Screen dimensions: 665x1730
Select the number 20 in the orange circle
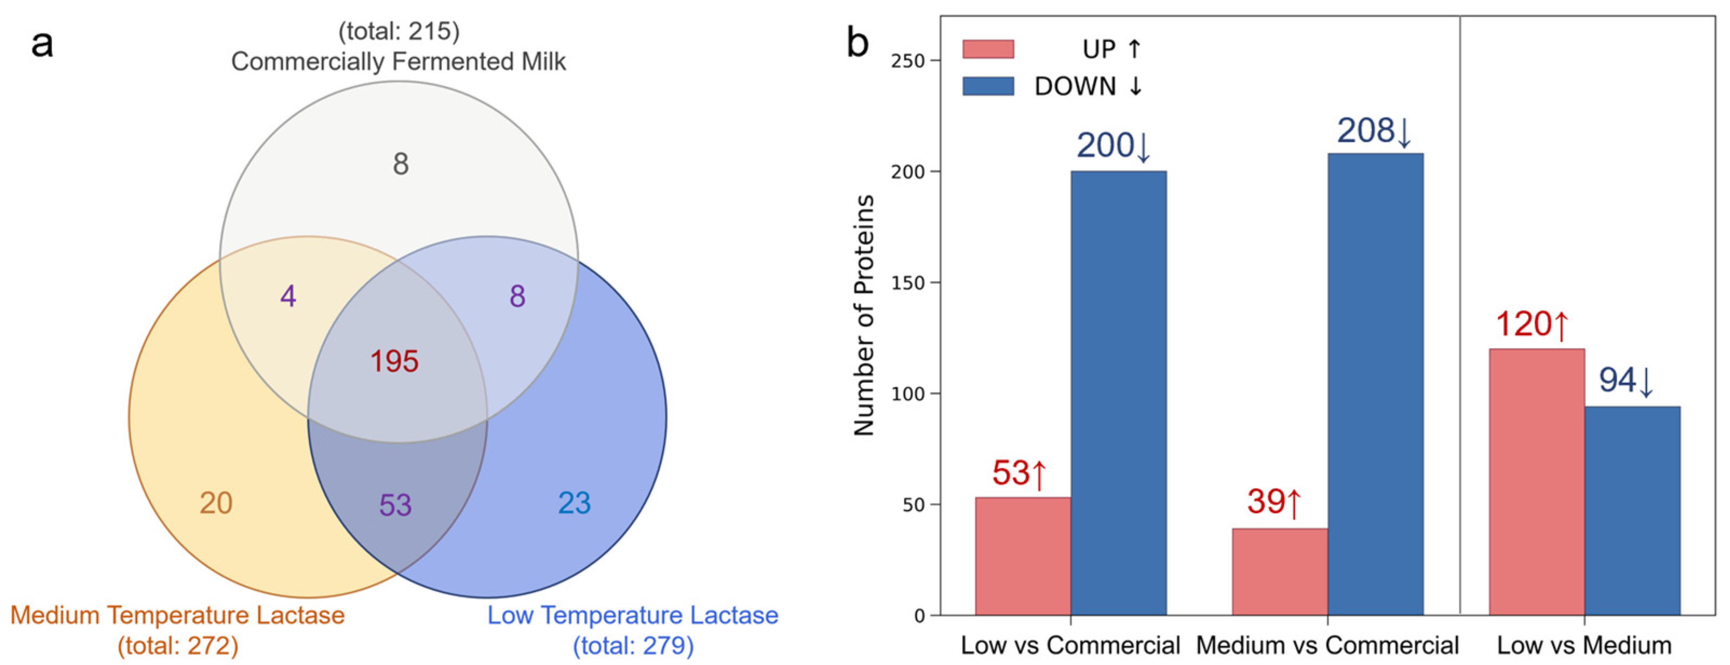215,503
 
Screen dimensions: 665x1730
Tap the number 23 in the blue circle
574,503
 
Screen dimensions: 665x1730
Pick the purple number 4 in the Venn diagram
288,297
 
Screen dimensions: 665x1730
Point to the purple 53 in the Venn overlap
395,505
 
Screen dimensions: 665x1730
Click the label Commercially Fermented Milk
398,61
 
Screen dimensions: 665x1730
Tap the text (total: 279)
633,646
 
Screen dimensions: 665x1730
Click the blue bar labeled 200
1118,393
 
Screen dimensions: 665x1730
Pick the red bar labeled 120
1537,482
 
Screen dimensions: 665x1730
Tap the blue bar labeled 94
1632,511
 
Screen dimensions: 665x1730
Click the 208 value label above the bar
1374,132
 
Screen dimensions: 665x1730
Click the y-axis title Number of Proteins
864,316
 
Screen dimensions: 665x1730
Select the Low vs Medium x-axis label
1584,645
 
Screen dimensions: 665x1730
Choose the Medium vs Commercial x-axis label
1327,645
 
